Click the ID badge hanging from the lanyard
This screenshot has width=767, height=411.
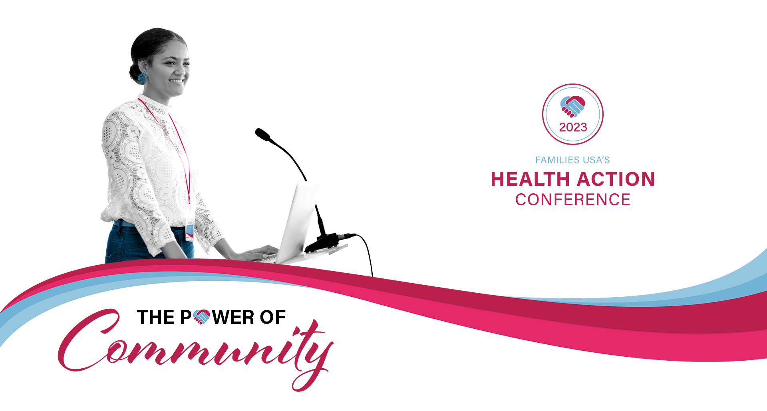(190, 232)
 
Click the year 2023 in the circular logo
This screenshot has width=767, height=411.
(573, 127)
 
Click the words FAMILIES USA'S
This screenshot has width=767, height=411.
(572, 160)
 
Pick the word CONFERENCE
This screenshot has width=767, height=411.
(573, 200)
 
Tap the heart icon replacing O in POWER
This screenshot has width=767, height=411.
(202, 317)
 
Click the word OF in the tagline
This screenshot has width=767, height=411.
(273, 318)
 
